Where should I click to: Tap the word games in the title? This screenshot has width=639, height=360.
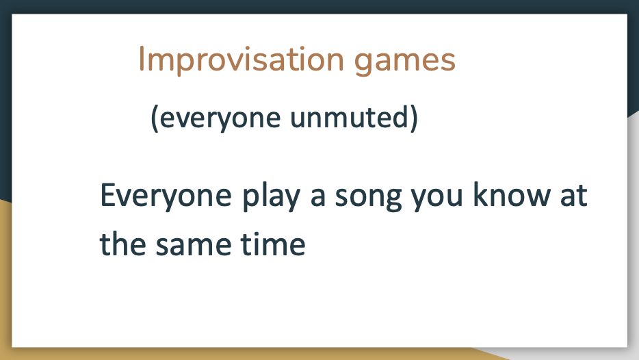[x=404, y=61]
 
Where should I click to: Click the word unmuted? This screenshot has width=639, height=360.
[x=348, y=117]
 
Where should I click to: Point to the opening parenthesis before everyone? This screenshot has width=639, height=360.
[x=155, y=118]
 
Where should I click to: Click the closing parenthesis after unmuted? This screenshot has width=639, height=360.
[x=414, y=118]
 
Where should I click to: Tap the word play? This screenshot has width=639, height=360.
[x=272, y=196]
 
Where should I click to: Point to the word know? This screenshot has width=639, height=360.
[x=512, y=194]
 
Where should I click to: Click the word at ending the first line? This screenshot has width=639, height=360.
[x=574, y=196]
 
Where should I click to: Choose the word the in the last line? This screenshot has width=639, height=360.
[x=122, y=243]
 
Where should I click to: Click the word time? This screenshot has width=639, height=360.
[x=272, y=244]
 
